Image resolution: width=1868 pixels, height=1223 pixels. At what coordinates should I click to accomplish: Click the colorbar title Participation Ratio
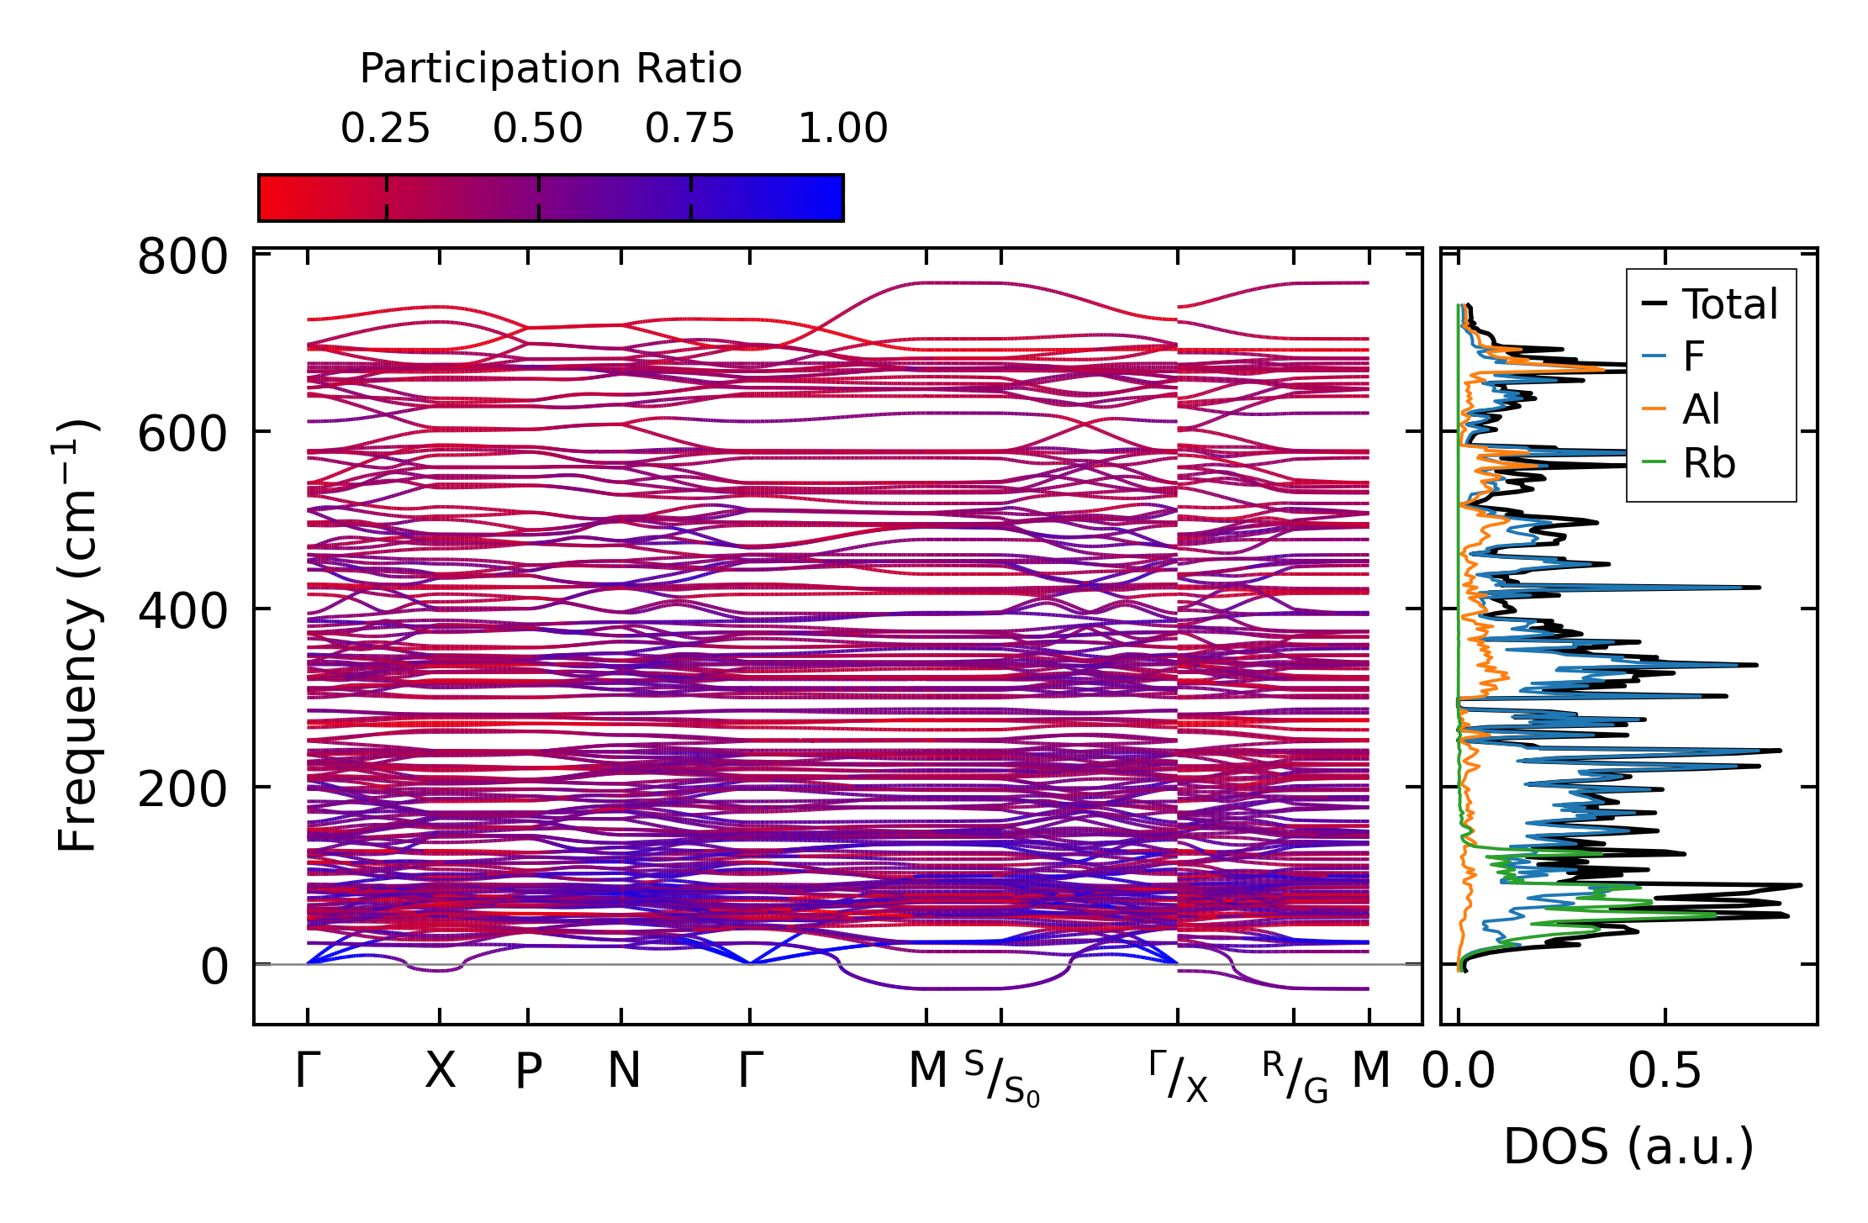(x=551, y=69)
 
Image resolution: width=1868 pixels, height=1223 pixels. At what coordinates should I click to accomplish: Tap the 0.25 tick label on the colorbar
(x=385, y=129)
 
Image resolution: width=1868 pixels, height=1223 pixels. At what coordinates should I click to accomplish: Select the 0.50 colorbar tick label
(x=538, y=129)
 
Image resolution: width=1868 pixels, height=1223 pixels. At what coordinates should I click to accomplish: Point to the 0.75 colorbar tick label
(x=690, y=129)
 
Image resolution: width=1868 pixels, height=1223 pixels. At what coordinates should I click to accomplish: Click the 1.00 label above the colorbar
(x=842, y=129)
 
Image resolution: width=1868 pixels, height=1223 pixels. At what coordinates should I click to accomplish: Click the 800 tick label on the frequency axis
(x=182, y=257)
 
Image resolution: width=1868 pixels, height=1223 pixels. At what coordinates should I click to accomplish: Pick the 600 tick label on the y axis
(x=182, y=435)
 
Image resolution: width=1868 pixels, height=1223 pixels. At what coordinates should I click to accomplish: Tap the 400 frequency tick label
(x=182, y=613)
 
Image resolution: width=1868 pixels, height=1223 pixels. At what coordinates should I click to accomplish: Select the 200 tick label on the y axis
(x=182, y=790)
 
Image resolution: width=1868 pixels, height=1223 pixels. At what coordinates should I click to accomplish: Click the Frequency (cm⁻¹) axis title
(x=77, y=635)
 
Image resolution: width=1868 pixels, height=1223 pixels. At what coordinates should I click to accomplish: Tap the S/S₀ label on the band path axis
(x=1001, y=1078)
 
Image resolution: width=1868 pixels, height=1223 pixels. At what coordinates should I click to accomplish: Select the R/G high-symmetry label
(x=1295, y=1078)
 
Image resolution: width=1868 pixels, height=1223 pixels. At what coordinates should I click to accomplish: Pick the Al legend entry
(x=1701, y=410)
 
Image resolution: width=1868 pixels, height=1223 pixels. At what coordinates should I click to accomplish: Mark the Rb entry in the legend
(x=1708, y=463)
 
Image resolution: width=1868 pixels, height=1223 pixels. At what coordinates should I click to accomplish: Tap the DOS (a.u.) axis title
(x=1628, y=1147)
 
